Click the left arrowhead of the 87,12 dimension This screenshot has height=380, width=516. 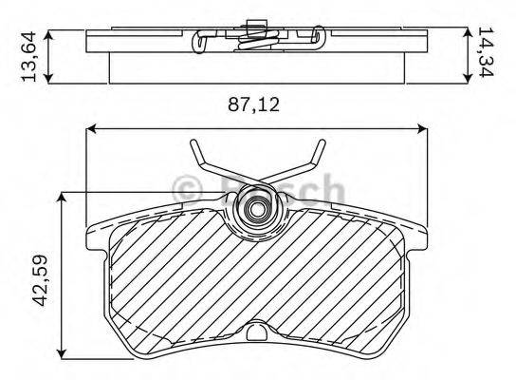pyautogui.click(x=92, y=129)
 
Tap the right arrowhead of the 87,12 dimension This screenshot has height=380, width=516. pyautogui.click(x=422, y=129)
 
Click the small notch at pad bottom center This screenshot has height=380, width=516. pyautogui.click(x=257, y=331)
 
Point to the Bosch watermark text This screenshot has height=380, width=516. pyautogui.click(x=285, y=188)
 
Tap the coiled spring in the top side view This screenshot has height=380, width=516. pyautogui.click(x=254, y=37)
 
